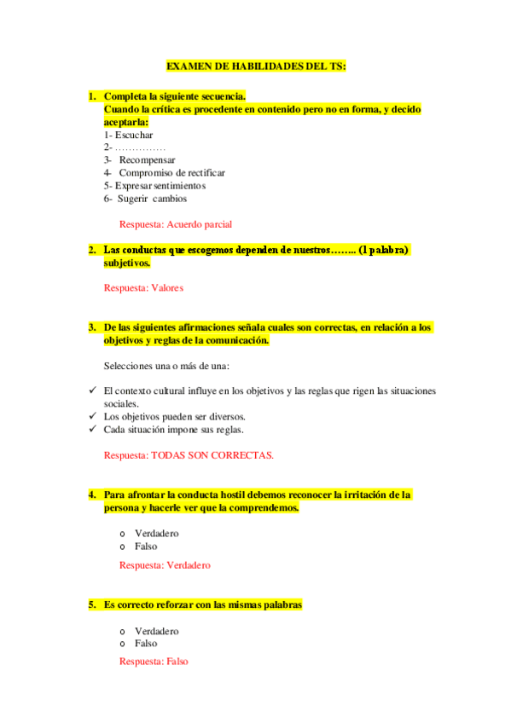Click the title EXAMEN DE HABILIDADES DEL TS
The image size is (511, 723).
click(x=256, y=66)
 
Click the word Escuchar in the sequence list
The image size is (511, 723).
click(x=134, y=135)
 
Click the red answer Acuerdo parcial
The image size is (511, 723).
click(x=176, y=224)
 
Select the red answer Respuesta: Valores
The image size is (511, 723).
click(x=143, y=288)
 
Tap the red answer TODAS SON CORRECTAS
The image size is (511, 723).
click(x=189, y=455)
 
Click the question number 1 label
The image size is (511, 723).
click(x=91, y=96)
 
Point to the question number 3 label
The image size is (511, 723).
click(x=91, y=327)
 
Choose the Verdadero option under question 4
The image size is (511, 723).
click(x=156, y=534)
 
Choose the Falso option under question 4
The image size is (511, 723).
click(x=146, y=547)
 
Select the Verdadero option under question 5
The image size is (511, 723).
click(x=156, y=631)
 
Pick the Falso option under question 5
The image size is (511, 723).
click(x=146, y=644)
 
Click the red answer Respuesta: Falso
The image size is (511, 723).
click(x=154, y=662)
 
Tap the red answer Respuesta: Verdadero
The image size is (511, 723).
click(x=165, y=564)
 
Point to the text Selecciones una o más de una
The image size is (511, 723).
click(x=168, y=366)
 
